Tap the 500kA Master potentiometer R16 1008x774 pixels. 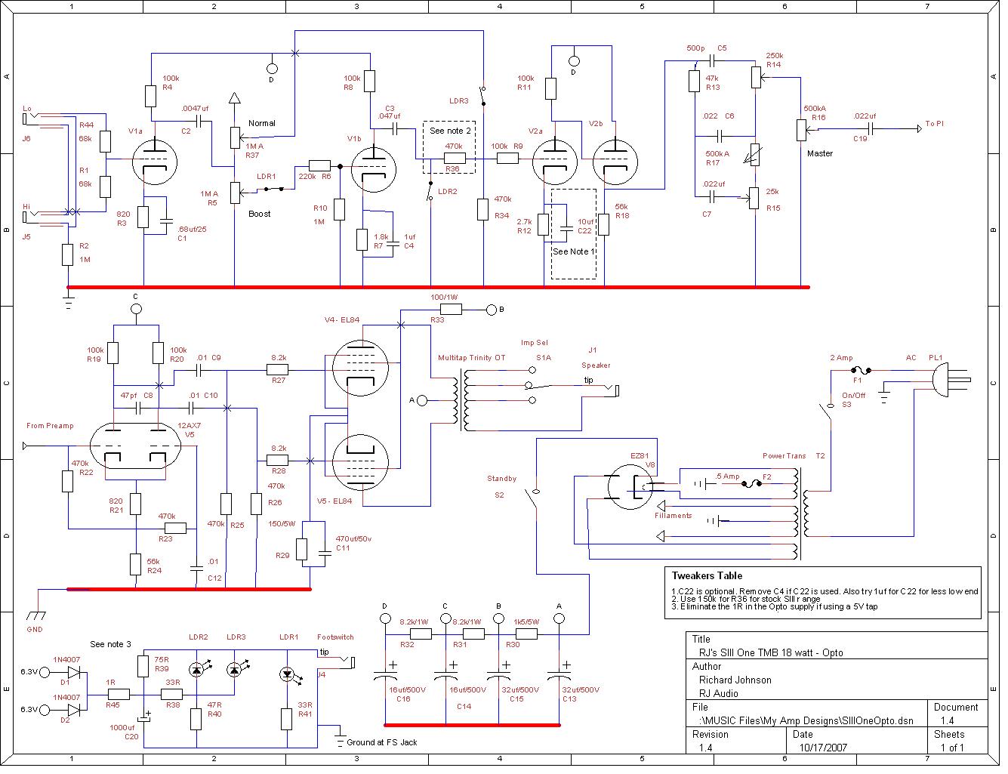800,129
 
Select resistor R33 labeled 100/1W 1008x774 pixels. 451,309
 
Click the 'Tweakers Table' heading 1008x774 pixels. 707,575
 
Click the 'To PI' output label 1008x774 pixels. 934,124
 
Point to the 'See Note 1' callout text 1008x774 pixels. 573,251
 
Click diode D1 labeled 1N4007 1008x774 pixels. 73,671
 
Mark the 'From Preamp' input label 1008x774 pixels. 50,426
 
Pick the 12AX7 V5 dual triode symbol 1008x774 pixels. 135,452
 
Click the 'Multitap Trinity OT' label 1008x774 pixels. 471,358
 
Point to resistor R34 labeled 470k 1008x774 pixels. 483,209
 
